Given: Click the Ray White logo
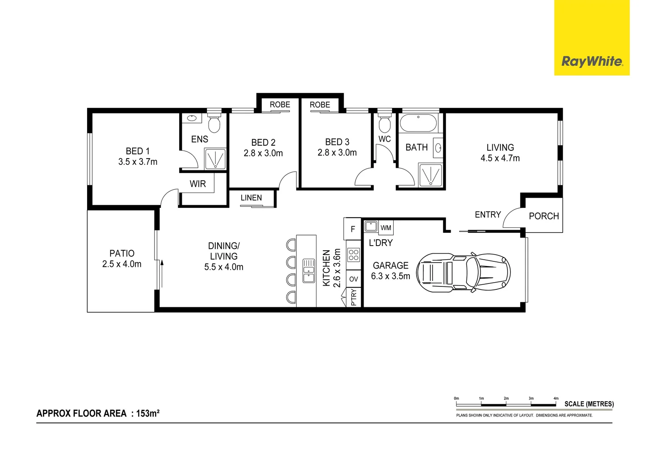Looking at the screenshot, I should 592,62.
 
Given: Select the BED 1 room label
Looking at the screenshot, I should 138,151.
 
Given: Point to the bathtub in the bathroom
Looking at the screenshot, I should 418,123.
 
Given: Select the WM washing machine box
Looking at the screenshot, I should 386,228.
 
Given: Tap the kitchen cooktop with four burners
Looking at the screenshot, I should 353,255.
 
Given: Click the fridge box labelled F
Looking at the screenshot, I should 353,229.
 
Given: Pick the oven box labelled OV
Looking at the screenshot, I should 353,279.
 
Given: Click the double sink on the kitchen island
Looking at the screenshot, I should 309,271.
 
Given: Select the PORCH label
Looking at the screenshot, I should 544,216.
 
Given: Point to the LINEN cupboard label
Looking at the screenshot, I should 251,198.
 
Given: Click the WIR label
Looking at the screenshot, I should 198,184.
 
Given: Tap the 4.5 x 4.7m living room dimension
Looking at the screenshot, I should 500,158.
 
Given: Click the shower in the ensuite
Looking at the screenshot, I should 215,159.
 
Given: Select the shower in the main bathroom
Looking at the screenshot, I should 430,175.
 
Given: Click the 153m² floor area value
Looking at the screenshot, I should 147,414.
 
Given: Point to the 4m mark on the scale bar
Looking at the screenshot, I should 556,399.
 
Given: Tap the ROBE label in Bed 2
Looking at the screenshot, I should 279,105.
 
